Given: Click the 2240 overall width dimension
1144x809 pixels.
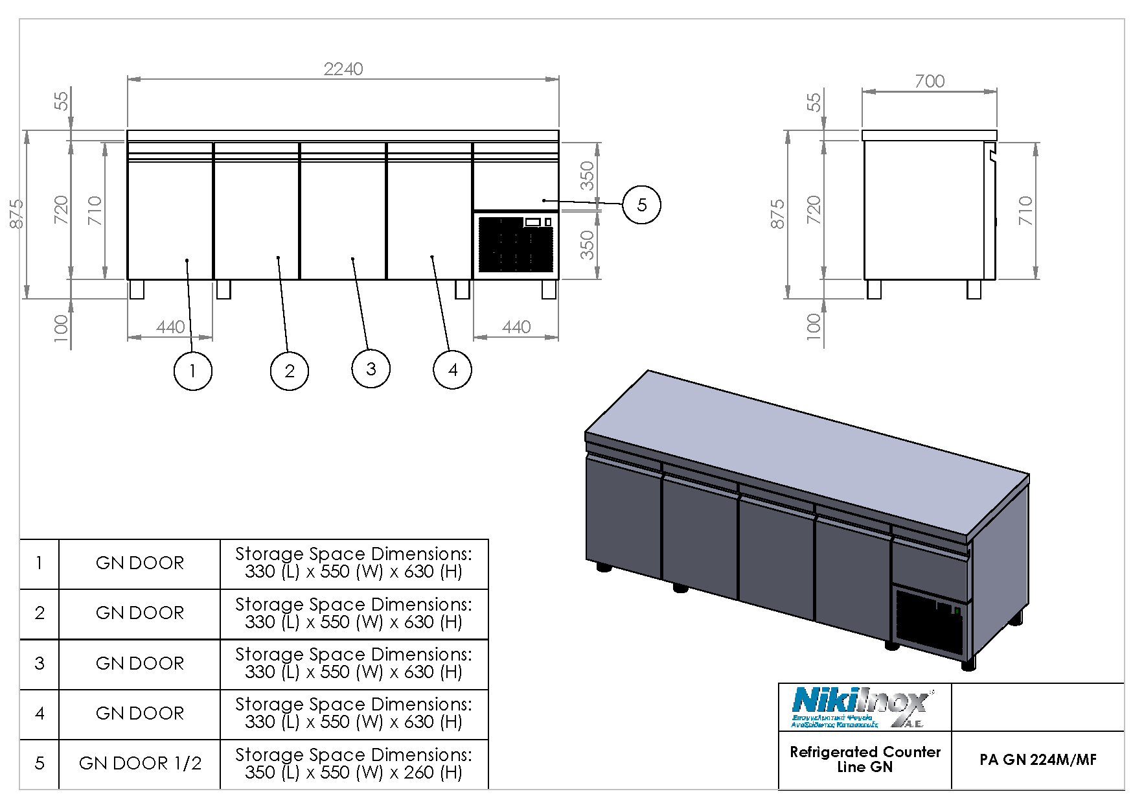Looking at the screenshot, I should pos(343,69).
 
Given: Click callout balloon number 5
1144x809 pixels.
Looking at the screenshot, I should pos(641,205).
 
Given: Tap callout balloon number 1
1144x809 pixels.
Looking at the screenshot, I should pos(192,371).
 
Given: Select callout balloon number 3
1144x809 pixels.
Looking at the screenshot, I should pos(371,369).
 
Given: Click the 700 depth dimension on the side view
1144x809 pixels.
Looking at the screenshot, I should pos(929,81).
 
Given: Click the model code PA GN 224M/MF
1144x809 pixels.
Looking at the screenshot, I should pos(1038,760).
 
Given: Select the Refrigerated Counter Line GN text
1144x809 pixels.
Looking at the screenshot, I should pos(865,759).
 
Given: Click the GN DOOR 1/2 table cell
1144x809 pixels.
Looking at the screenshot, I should pos(140,764).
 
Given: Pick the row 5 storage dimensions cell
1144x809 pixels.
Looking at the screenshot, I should pos(354,764).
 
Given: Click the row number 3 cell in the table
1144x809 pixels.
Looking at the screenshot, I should pos(40,663).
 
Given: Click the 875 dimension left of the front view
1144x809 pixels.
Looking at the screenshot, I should pos(17,214).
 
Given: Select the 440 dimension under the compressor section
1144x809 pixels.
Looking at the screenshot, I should pos(516,327).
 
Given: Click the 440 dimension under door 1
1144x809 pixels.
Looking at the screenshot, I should pos(170,327).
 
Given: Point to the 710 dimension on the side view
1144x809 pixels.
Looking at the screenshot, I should pos(1025,211).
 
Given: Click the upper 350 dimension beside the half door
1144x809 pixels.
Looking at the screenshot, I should pos(587,176).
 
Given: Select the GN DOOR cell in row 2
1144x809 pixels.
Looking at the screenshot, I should pos(140,613).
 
